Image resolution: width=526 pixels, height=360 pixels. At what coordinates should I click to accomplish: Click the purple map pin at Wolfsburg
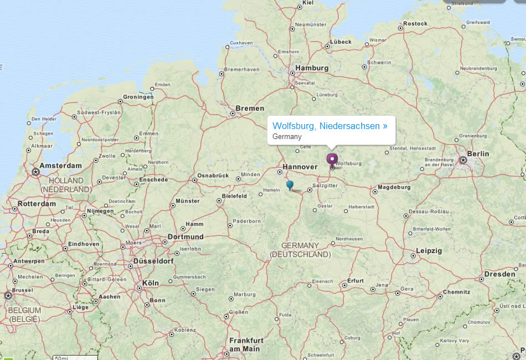coord(332,160)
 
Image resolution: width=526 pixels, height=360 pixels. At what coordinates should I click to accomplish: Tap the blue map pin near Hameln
coord(290,184)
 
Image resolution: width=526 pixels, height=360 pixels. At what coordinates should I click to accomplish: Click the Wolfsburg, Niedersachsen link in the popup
coord(330,126)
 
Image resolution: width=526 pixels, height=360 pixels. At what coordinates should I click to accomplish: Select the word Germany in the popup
coord(287,136)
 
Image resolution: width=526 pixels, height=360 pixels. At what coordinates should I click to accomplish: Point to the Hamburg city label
coord(312,68)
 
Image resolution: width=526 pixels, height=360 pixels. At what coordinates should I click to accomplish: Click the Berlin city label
coord(477,153)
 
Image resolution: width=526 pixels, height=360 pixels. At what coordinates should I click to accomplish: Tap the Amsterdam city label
coord(61,166)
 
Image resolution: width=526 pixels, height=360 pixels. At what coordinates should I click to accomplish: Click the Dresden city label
coord(499,274)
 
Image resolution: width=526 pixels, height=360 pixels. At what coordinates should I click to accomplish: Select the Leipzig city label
coord(429,251)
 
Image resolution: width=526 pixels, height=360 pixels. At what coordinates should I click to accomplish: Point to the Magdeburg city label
coord(395,187)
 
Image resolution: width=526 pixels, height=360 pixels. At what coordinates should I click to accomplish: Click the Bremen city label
coord(250,108)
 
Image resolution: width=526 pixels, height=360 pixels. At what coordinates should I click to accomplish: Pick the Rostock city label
coord(415,23)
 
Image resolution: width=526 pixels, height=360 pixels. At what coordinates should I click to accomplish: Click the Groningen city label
coord(138,97)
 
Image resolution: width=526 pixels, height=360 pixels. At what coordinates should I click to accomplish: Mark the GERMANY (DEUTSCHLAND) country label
coord(300,250)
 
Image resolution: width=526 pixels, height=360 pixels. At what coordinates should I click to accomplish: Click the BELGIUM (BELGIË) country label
coord(24,315)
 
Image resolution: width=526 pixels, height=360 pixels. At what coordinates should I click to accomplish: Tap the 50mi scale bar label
coord(61,357)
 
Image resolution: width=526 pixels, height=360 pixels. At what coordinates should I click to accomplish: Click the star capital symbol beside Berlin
coord(463,160)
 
